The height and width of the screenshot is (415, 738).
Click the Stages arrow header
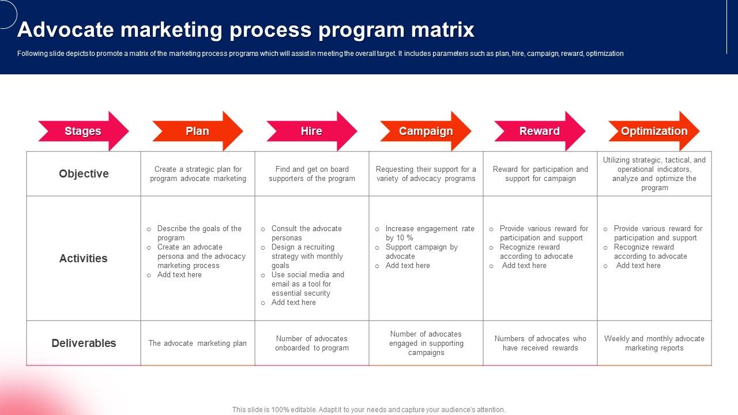[x=83, y=131]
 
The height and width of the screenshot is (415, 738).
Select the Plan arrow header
[x=197, y=131]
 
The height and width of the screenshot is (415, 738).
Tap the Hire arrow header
[x=311, y=131]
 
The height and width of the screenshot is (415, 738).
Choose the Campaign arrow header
[x=426, y=131]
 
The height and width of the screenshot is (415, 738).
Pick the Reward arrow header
[x=539, y=131]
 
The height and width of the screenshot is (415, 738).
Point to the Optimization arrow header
[x=654, y=131]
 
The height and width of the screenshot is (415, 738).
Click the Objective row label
[x=84, y=173]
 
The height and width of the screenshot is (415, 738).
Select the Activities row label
[x=84, y=258]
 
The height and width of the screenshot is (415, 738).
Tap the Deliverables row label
[x=84, y=343]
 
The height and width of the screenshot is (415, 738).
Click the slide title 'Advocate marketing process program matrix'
[x=246, y=29]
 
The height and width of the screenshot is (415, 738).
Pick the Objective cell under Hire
[x=312, y=174]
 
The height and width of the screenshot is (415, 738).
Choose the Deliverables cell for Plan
[x=198, y=344]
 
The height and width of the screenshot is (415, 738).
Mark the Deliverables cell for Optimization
[x=654, y=344]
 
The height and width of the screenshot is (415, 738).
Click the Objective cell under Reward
[x=540, y=174]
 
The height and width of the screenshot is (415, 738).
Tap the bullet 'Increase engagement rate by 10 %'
[x=430, y=233]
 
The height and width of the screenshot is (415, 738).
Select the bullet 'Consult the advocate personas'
[x=306, y=233]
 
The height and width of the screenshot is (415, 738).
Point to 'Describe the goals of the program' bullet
[x=199, y=233]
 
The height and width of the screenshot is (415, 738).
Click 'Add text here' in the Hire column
[x=293, y=303]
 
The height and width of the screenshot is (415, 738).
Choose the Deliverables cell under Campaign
[x=426, y=344]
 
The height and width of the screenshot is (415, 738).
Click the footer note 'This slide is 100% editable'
[x=368, y=410]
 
